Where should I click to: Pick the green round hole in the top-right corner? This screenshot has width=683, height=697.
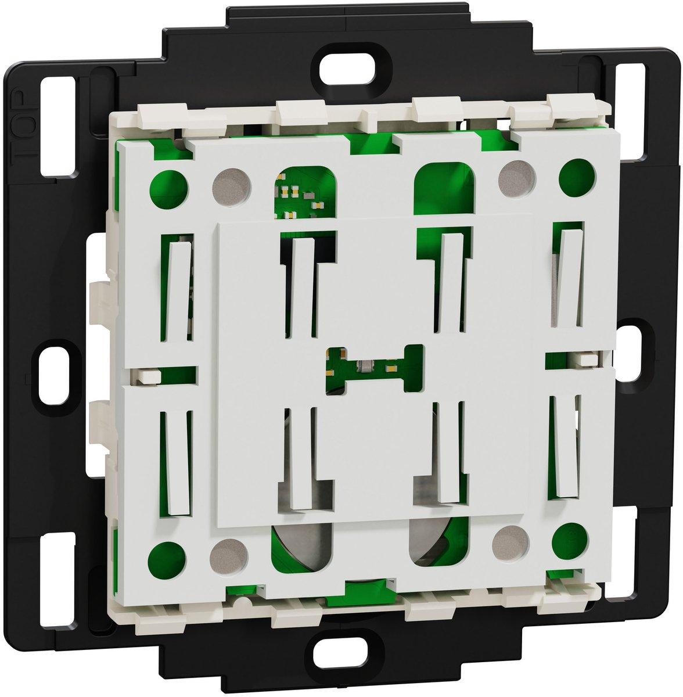[x=577, y=175]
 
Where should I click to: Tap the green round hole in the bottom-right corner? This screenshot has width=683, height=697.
[x=570, y=543]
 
